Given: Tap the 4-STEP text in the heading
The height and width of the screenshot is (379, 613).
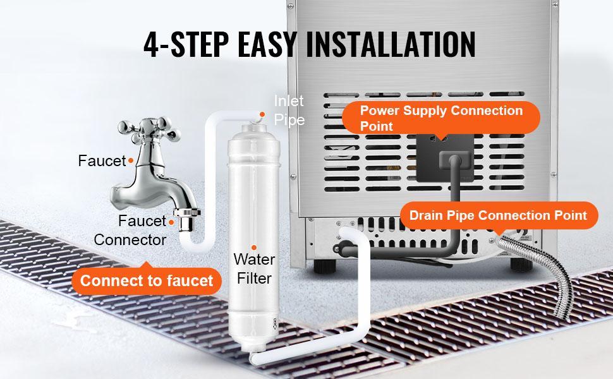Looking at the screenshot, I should pyautogui.click(x=188, y=44).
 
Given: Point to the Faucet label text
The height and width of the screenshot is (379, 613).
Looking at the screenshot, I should pyautogui.click(x=102, y=161).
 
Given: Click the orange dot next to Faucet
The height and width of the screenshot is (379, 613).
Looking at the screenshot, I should pyautogui.click(x=131, y=161).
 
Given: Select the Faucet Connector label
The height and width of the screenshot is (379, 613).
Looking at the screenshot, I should pyautogui.click(x=130, y=231).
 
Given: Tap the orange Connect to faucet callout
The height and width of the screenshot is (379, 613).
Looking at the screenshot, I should pyautogui.click(x=147, y=280).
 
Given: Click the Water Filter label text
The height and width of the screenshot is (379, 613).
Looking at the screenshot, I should pyautogui.click(x=253, y=269).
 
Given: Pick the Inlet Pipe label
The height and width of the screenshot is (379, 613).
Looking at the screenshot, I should pyautogui.click(x=289, y=110).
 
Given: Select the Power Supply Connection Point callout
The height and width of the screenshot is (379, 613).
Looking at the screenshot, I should pyautogui.click(x=441, y=118).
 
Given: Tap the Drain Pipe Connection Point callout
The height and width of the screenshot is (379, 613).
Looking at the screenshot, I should pyautogui.click(x=498, y=215).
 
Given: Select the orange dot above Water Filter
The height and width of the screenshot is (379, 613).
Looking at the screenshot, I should pyautogui.click(x=253, y=248).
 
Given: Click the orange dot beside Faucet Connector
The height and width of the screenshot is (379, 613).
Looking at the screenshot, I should pyautogui.click(x=170, y=221).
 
